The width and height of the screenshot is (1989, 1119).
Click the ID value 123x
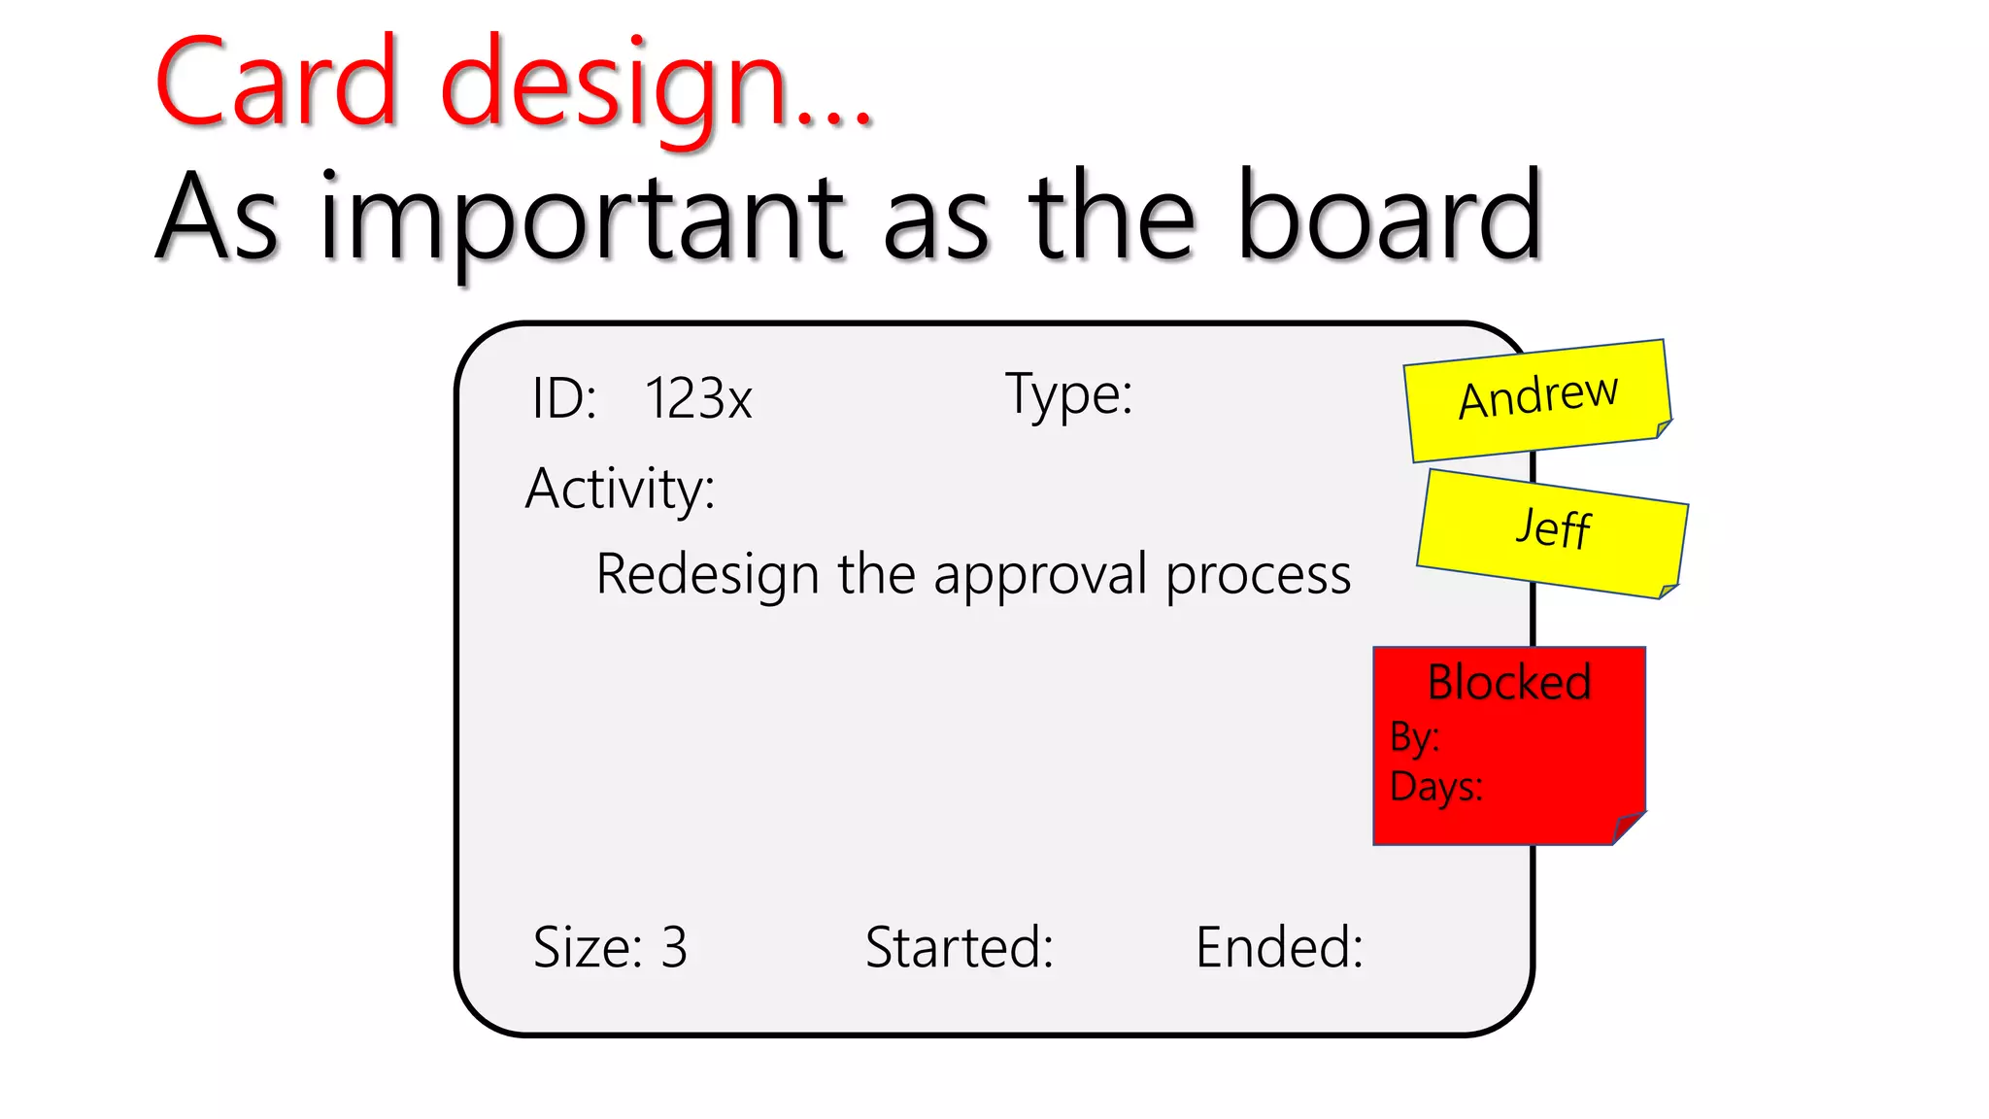(698, 398)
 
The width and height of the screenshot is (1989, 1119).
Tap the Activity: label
(621, 488)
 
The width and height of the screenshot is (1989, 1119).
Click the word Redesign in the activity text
(708, 574)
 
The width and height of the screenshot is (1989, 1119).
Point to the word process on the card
(1258, 576)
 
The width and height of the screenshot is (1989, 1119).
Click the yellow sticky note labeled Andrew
(1538, 398)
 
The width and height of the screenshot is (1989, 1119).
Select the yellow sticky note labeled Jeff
(1552, 531)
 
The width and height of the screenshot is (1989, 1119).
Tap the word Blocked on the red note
(1509, 682)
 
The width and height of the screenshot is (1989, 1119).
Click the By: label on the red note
(1414, 737)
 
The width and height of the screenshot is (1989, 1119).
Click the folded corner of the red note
(1629, 828)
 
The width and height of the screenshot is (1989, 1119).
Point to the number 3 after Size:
(674, 947)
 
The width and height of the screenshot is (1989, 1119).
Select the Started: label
(960, 947)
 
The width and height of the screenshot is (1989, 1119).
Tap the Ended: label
(1279, 947)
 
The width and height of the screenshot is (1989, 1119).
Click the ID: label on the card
(564, 398)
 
